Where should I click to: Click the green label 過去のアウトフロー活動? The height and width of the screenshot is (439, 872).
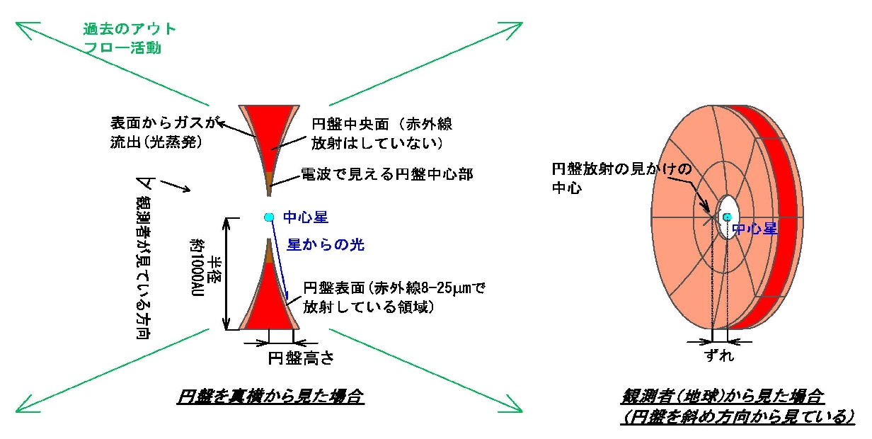coord(130,38)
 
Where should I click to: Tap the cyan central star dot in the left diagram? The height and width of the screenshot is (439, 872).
coord(269,217)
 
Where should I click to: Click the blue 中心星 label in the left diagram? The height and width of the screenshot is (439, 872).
coord(306,217)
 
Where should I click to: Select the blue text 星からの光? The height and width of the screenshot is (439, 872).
coord(326,244)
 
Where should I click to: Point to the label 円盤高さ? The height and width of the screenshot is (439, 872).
coord(301,358)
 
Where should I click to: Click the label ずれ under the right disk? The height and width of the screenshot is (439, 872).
coord(719,355)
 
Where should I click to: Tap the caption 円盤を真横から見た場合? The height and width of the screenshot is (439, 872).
coord(270,396)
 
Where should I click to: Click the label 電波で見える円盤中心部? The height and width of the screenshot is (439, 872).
coord(387,174)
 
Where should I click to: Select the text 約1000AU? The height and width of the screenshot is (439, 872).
coord(197,268)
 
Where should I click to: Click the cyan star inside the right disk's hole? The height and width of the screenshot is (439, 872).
coord(727,217)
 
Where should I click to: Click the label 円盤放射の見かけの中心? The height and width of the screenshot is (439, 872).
coord(621,178)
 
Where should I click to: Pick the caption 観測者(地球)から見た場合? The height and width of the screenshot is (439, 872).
coord(723,396)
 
